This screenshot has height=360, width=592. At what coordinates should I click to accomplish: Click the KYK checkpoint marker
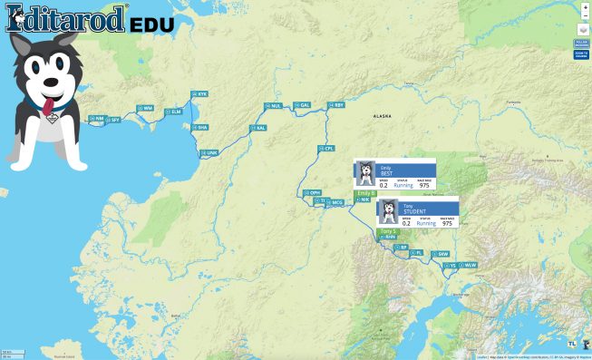pos(200,94)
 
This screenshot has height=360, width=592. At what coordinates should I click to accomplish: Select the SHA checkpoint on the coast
pos(200,128)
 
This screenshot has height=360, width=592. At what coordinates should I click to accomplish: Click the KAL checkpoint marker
pos(258,128)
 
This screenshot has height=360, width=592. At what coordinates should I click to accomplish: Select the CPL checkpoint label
pos(326,148)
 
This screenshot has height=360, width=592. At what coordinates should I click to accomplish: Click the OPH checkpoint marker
pos(314,192)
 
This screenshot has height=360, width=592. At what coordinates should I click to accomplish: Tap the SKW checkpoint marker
pos(441,254)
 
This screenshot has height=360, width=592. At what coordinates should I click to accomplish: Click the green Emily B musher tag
pos(365,193)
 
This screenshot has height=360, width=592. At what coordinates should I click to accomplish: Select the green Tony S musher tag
pos(388,231)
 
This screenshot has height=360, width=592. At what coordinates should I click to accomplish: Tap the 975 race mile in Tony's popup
pos(446,223)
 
